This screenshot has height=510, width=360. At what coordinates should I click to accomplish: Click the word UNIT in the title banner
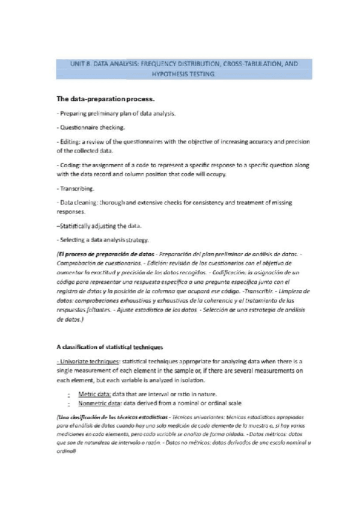pyautogui.click(x=79, y=63)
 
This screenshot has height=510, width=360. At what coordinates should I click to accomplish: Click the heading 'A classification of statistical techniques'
pyautogui.click(x=114, y=347)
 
